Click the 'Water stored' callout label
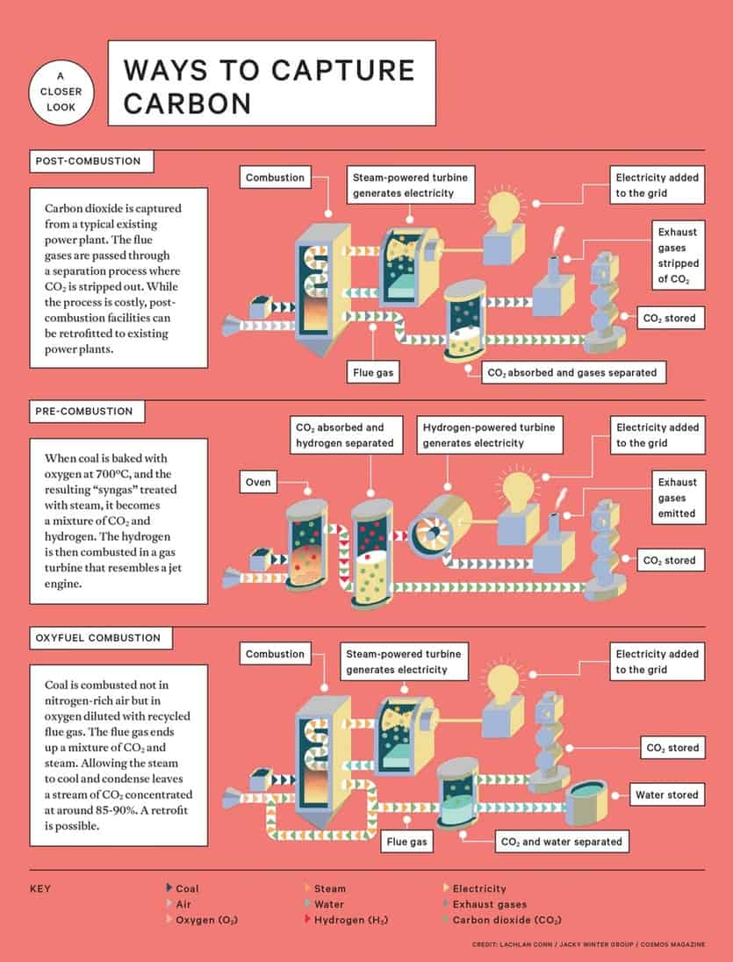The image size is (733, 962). (x=666, y=795)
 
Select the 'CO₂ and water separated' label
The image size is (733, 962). (x=560, y=842)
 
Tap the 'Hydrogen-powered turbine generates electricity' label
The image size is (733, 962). (x=489, y=434)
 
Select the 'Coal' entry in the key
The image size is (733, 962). (x=187, y=888)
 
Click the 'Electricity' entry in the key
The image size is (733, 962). (x=478, y=888)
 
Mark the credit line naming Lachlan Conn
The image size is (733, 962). (x=587, y=944)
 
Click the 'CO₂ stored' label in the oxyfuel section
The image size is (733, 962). (x=672, y=748)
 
